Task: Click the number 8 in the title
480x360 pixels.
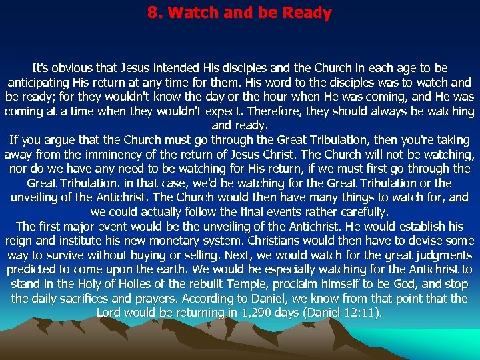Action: tap(151, 13)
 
